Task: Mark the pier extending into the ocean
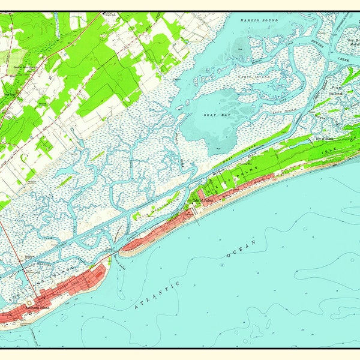197,217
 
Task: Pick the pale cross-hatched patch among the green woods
12,60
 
